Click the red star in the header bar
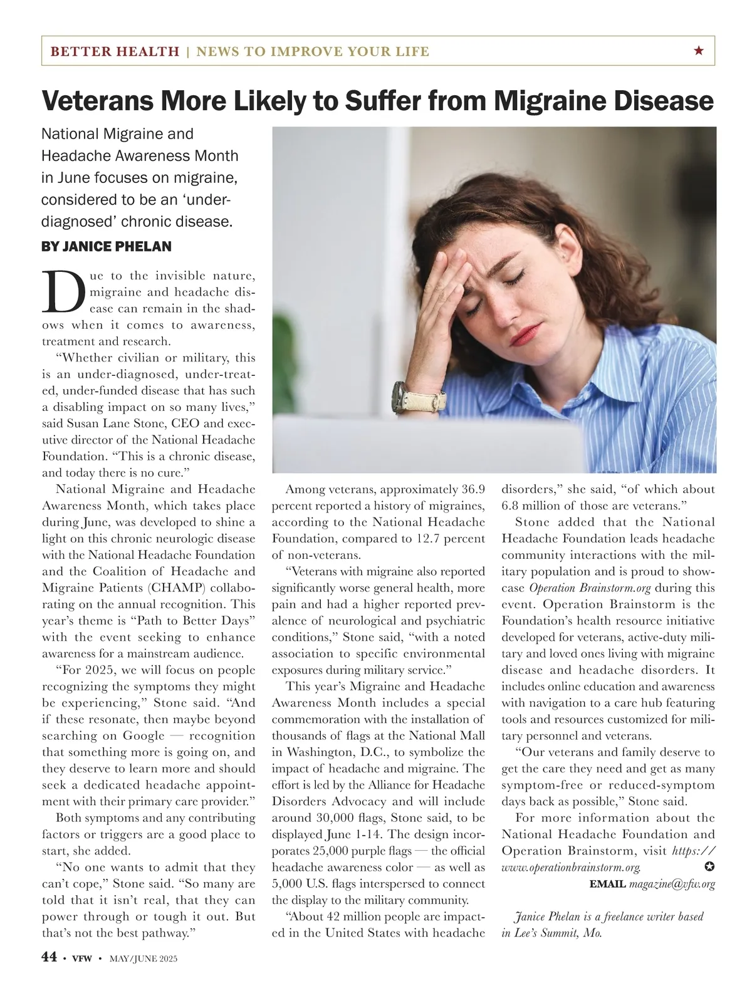[x=699, y=51]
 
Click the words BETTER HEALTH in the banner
[x=115, y=51]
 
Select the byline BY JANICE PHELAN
[x=106, y=247]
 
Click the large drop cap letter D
[x=63, y=293]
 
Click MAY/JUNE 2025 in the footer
[x=144, y=958]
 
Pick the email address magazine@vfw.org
[x=672, y=884]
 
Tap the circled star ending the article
[x=709, y=867]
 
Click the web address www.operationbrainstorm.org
[x=571, y=868]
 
